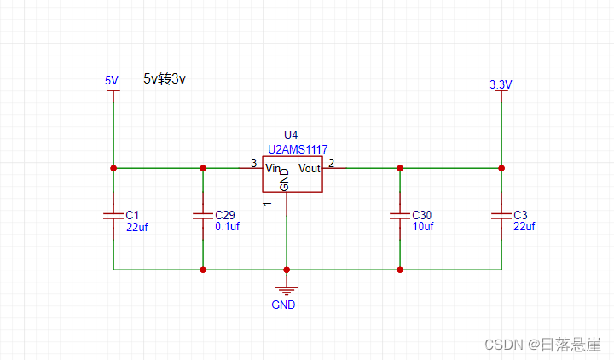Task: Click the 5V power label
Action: (112, 81)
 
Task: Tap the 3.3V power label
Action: (501, 84)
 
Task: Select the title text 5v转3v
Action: (165, 78)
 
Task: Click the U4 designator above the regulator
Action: (291, 136)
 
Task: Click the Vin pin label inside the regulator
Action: (274, 168)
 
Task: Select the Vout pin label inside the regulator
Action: (309, 168)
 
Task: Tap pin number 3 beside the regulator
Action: (252, 163)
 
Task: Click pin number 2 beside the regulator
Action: (331, 163)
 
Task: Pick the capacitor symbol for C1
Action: (113, 217)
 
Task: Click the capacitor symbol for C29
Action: (203, 217)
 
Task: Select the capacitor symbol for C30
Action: (399, 217)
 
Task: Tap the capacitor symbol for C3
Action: (501, 217)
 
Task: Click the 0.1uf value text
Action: (227, 227)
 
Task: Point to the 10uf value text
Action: (423, 227)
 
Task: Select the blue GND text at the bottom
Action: (284, 305)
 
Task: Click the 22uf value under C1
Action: (137, 227)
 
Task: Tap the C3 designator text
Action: (520, 215)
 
